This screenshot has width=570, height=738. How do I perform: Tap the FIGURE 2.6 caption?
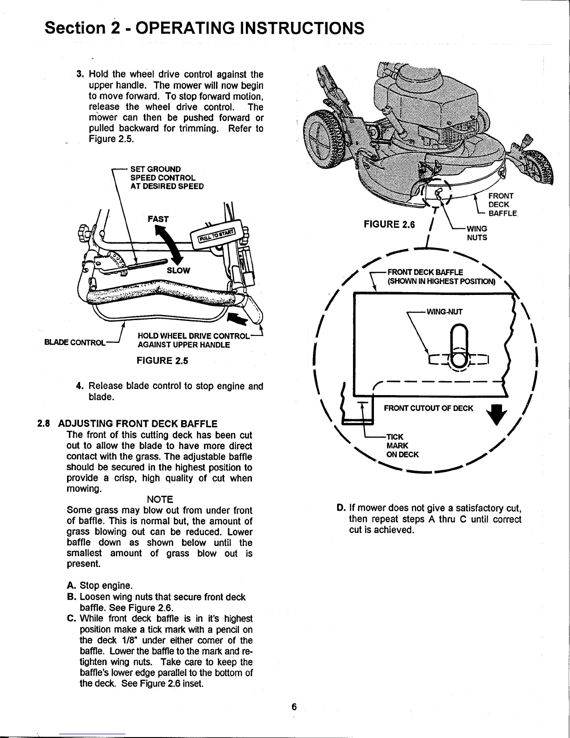pyautogui.click(x=389, y=225)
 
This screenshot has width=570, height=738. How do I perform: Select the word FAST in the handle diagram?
pyautogui.click(x=158, y=219)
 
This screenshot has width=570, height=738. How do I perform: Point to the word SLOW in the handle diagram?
pyautogui.click(x=178, y=271)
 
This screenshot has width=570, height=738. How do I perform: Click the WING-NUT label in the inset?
pyautogui.click(x=444, y=312)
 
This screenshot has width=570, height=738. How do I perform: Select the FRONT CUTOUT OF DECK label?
pyautogui.click(x=428, y=409)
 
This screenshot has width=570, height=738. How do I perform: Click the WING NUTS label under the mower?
pyautogui.click(x=477, y=233)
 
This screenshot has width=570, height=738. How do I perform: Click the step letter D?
pyautogui.click(x=340, y=508)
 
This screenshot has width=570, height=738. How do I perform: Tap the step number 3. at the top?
pyautogui.click(x=80, y=74)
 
